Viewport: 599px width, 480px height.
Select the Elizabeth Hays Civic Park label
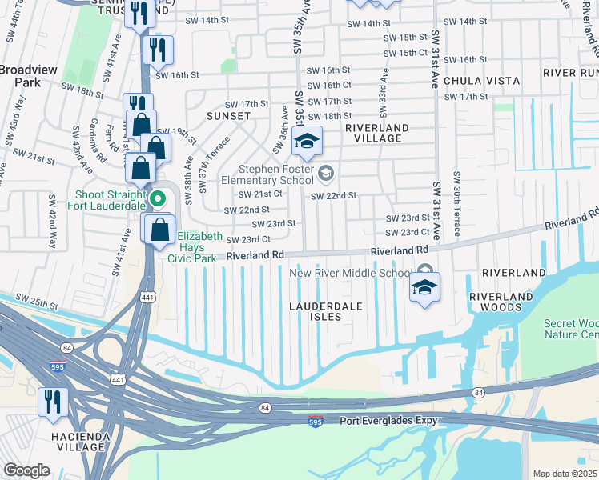coord(197,247)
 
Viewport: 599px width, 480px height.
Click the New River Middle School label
coord(349,273)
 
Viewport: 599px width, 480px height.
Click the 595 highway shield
coord(317,422)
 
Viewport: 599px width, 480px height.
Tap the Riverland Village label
coord(377,133)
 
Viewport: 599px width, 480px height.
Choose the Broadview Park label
coord(29,76)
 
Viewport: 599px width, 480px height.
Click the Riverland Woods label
coord(501,302)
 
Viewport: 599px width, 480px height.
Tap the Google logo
coord(26,470)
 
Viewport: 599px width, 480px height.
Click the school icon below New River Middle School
coord(425,288)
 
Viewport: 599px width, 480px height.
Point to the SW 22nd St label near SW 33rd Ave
coord(333,196)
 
